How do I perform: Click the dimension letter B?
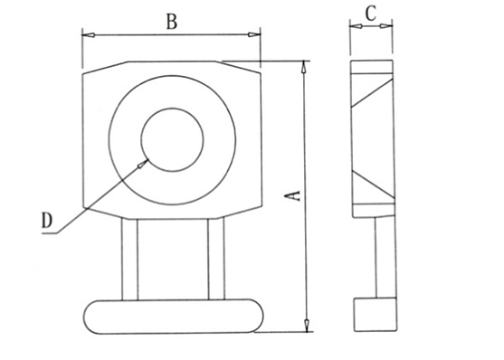[172, 23]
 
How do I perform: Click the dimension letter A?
[293, 195]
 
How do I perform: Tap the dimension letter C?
[371, 14]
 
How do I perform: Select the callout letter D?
[47, 221]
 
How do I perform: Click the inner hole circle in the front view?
[172, 109]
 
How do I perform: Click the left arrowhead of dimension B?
[89, 34]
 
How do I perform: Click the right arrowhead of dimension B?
[254, 34]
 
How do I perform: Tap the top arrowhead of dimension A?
[304, 67]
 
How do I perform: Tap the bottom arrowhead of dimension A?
[307, 325]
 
